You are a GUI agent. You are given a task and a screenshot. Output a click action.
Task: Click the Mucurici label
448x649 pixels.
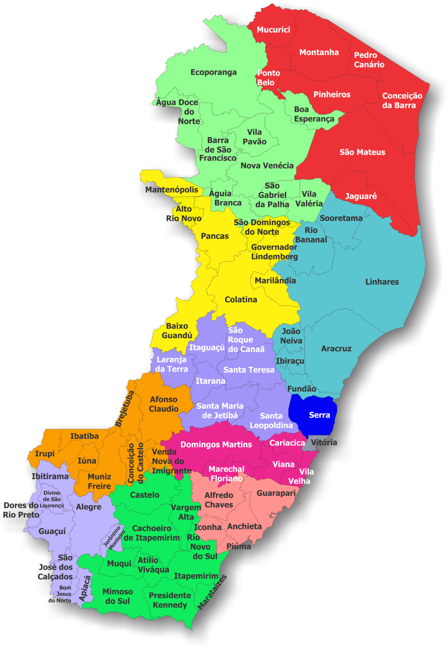point(273,30)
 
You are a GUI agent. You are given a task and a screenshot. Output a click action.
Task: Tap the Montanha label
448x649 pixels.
point(319,52)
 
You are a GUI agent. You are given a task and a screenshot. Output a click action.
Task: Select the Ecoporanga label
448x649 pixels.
point(214,72)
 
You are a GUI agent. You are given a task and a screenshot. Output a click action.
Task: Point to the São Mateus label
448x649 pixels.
point(362,152)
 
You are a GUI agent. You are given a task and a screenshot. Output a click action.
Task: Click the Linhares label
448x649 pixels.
point(382,282)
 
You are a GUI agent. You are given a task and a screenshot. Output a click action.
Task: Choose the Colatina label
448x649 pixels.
point(241,299)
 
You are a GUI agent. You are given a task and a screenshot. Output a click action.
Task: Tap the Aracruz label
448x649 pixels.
point(336,349)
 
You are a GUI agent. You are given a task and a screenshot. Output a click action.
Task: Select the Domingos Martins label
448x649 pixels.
point(216,445)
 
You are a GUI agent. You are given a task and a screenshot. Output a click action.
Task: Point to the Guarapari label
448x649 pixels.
point(276,493)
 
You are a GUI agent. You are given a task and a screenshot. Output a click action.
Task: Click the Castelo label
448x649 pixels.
point(144,495)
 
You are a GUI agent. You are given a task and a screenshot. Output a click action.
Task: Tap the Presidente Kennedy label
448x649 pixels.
point(170,600)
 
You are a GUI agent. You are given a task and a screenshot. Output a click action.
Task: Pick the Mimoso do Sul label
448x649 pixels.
point(118,596)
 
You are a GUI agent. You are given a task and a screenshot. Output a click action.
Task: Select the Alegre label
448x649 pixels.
point(89,507)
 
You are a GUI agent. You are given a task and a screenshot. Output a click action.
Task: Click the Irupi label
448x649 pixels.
point(45,453)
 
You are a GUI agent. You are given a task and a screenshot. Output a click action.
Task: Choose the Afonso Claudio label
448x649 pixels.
point(163,404)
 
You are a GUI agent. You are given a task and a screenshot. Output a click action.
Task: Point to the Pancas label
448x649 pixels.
point(214,236)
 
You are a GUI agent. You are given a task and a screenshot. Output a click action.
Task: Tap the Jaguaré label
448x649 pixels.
point(361,196)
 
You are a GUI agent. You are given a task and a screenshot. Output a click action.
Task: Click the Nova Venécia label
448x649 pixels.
point(267,165)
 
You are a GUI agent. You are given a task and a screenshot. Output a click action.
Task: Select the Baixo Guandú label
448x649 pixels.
point(177,331)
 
